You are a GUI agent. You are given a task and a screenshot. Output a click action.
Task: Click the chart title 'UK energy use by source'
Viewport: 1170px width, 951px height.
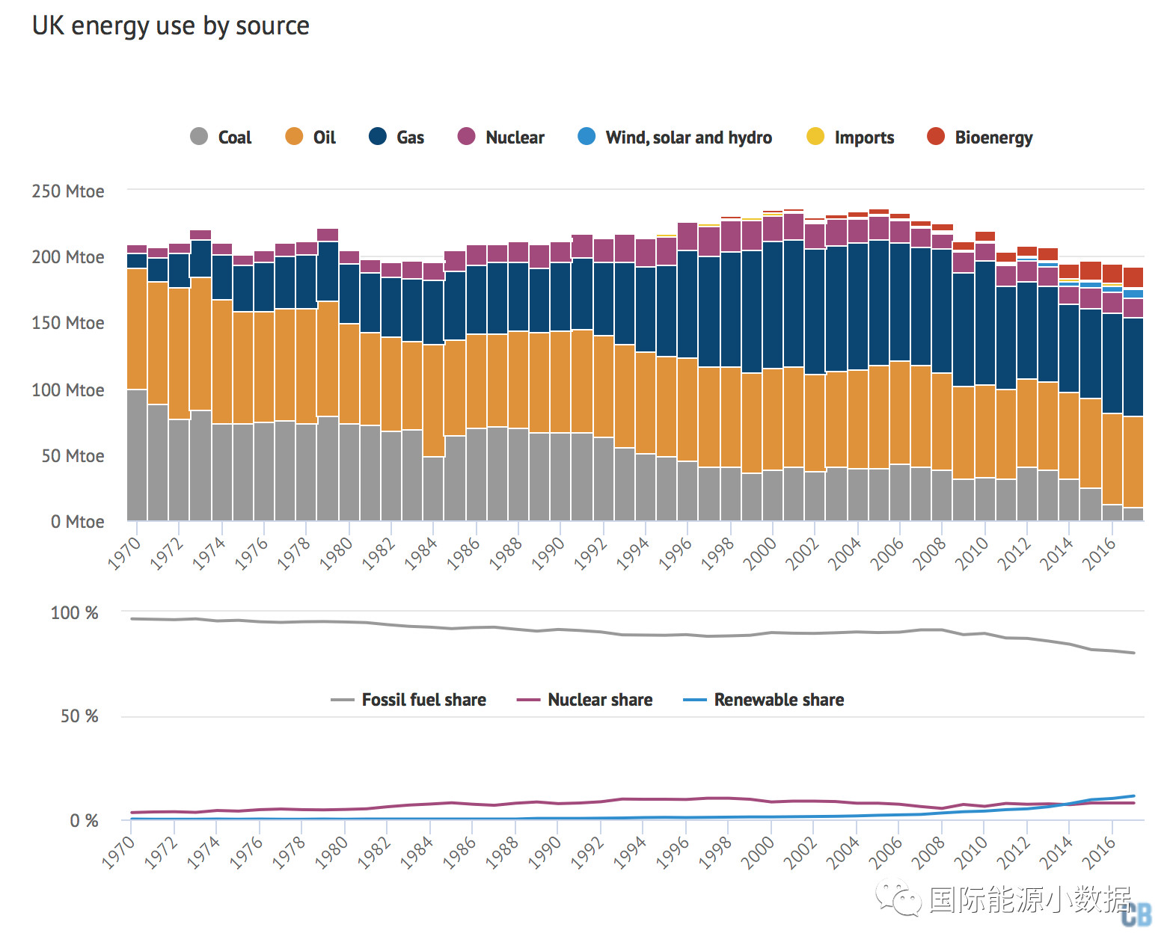coord(171,26)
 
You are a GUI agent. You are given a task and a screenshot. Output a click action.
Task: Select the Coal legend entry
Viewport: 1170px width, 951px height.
coord(221,137)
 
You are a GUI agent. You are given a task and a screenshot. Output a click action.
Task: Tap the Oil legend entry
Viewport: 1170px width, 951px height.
coord(310,137)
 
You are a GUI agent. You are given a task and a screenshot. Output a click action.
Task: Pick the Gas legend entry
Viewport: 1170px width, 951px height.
coord(396,137)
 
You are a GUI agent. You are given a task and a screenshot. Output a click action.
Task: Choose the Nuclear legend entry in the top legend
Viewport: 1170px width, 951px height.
coord(500,137)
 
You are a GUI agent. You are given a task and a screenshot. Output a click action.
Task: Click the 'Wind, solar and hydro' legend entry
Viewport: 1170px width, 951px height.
coord(675,137)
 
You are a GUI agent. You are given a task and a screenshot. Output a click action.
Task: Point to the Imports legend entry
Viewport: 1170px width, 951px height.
coord(851,137)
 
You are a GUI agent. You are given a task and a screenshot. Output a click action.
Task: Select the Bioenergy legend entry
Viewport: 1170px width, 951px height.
coord(979,137)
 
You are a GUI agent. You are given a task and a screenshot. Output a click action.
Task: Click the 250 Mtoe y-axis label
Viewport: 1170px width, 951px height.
coord(68,191)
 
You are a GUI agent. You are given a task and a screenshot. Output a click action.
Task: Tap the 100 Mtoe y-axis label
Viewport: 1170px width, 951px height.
coord(68,390)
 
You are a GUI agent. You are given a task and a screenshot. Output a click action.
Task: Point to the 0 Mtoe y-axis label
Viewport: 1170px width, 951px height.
coord(77,522)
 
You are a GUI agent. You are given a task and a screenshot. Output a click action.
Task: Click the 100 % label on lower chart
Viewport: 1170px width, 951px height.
coord(74,613)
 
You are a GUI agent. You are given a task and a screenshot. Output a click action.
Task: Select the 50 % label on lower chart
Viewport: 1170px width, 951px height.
coord(79,716)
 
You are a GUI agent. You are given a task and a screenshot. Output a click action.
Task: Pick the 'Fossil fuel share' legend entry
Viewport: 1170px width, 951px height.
coord(408,700)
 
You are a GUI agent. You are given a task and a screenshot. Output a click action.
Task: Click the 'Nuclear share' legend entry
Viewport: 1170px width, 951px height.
coord(584,700)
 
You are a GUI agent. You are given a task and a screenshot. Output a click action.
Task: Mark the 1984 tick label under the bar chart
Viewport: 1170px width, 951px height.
coord(420,555)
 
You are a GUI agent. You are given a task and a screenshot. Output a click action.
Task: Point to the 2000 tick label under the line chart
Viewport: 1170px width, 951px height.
coord(759,853)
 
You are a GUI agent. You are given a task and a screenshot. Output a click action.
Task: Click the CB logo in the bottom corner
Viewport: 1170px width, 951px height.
coord(1136,914)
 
